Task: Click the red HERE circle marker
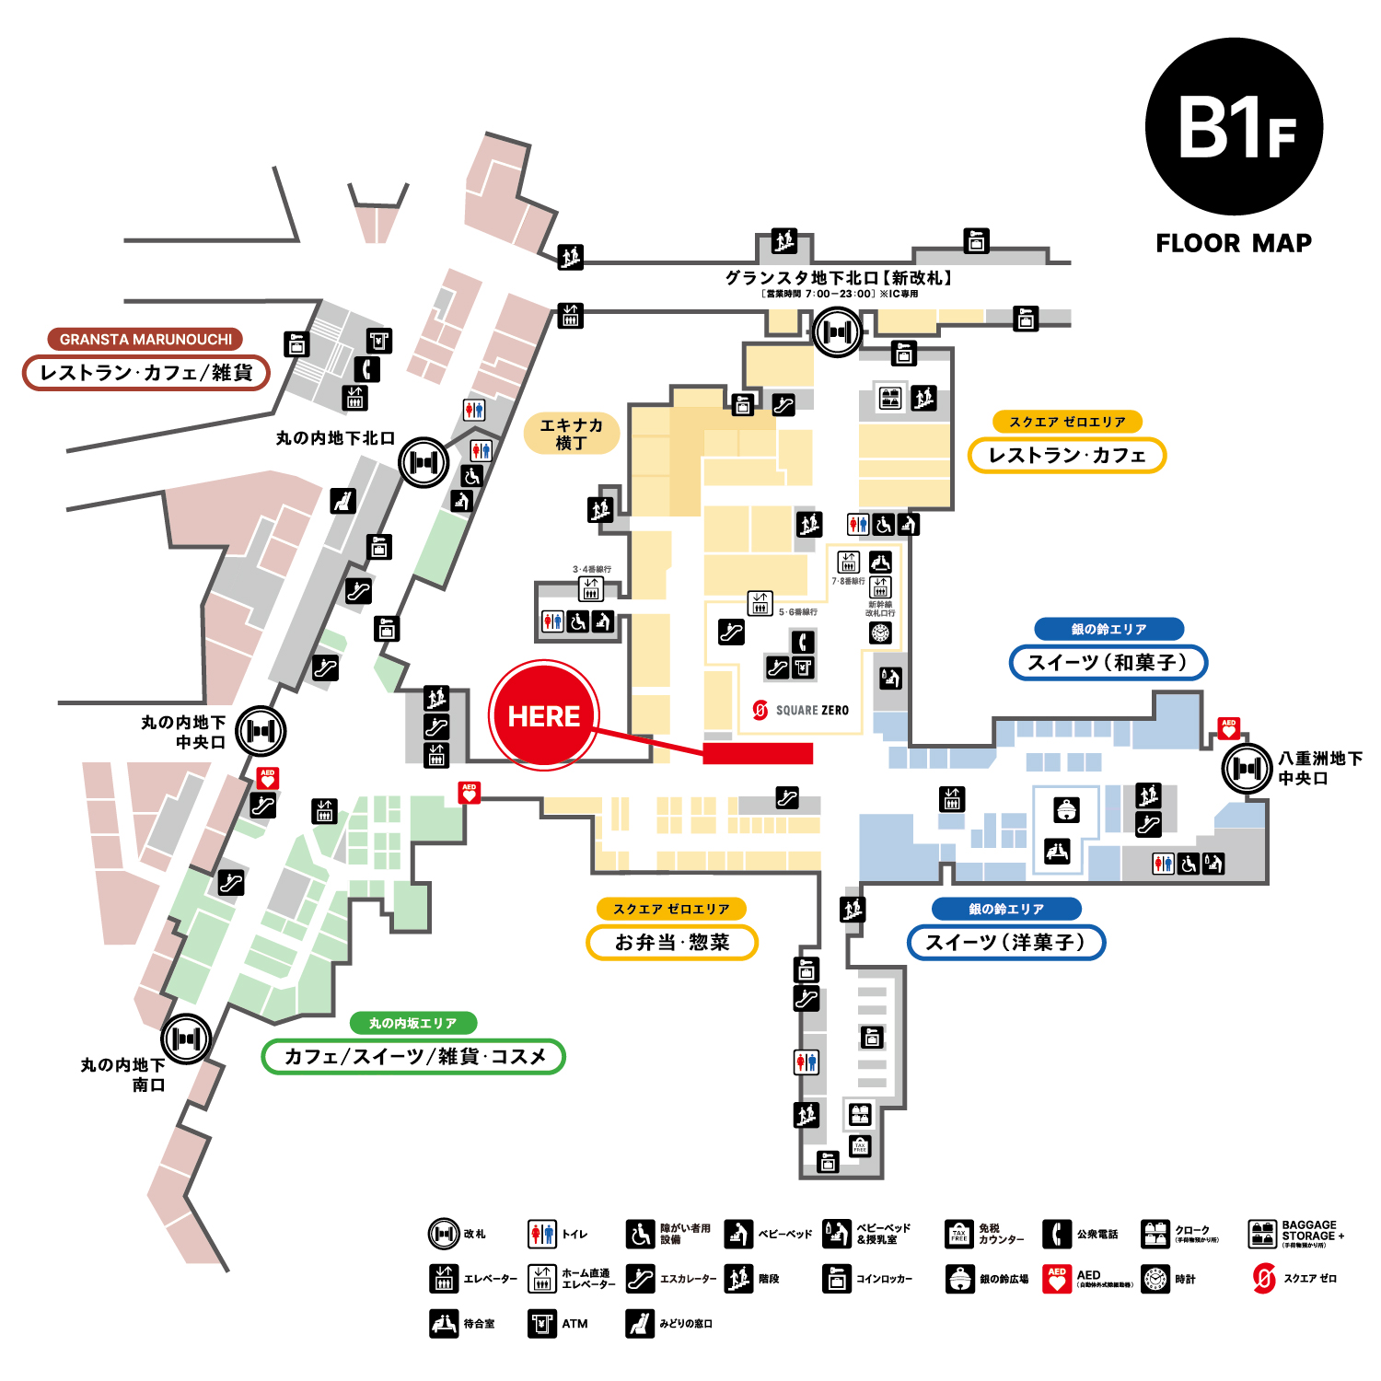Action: (544, 715)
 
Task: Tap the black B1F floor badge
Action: (1234, 127)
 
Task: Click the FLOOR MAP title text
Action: (1234, 243)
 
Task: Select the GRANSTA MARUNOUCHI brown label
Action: (145, 339)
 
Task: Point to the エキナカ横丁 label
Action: (571, 434)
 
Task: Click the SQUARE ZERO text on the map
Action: (811, 710)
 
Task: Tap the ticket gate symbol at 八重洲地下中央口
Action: (1248, 768)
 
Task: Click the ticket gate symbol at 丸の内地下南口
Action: (187, 1039)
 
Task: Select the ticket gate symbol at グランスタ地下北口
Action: (837, 331)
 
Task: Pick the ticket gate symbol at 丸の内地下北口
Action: (424, 462)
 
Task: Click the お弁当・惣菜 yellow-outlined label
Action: (672, 942)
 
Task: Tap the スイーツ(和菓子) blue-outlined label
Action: (1108, 662)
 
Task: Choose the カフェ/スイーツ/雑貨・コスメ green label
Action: (413, 1056)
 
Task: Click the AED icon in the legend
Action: (1057, 1279)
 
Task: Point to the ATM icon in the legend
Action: (542, 1323)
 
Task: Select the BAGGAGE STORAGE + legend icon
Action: (1262, 1234)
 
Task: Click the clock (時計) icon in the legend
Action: (1155, 1279)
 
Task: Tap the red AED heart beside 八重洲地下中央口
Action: (1228, 728)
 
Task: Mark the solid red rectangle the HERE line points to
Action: (758, 753)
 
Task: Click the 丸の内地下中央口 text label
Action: (183, 732)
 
